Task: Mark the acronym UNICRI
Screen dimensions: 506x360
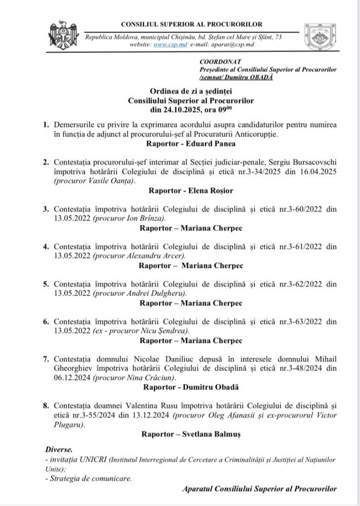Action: (x=87, y=460)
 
